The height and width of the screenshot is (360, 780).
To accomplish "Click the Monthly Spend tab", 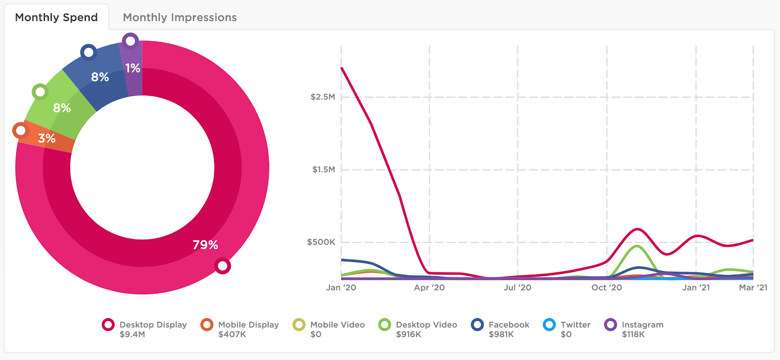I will pos(57,18).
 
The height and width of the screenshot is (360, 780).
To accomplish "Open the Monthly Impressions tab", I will pos(179,18).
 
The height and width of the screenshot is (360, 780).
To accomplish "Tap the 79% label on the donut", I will pos(205,245).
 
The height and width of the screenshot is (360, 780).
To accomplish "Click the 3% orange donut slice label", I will pos(47,139).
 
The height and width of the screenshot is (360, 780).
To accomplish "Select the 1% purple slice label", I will pos(133,68).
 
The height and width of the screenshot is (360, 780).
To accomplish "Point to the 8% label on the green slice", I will pos(62,108).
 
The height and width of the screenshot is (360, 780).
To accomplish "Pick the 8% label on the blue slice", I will pos(100,77).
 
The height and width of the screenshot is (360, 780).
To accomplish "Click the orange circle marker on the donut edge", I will pos(20,131).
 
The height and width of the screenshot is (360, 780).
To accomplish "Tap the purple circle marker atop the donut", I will pos(130,41).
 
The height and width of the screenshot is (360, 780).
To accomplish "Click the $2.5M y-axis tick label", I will pos(323,97).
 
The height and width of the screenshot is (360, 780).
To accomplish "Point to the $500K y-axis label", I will pos(321,242).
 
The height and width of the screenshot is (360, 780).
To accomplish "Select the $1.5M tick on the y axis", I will pos(324,170).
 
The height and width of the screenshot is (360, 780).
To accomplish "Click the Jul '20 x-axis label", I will pos(517,288).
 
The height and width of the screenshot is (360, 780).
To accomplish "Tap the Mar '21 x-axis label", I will pos(753,288).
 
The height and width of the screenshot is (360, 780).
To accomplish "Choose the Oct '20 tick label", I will pos(606,288).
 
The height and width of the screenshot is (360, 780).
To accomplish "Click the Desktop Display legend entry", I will pos(153,325).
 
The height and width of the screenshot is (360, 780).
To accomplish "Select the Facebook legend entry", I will pos(508,325).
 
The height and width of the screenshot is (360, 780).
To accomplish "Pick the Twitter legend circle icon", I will pos(549,325).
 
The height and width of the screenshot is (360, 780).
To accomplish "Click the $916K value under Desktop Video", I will pos(409,335).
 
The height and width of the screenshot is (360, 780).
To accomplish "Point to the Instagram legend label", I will pos(642,325).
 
